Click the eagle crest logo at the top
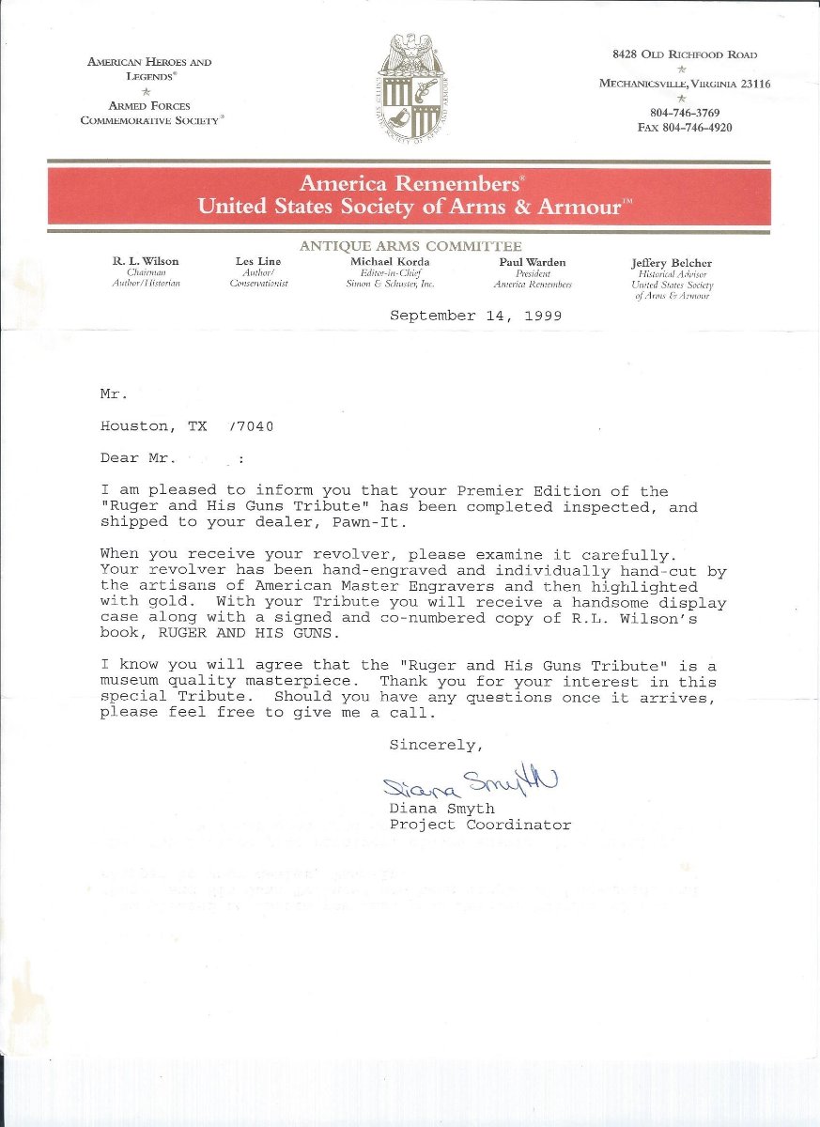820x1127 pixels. coord(410,87)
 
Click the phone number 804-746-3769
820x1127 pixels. coord(684,113)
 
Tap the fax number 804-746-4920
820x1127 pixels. coord(684,128)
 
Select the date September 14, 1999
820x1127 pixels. coord(475,316)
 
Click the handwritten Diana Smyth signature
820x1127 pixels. coord(470,782)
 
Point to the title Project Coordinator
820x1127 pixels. coord(480,825)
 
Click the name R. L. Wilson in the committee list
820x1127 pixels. coord(146,261)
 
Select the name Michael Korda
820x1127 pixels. coord(393,261)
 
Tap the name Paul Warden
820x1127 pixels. coord(533,262)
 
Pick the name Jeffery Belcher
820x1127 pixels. coord(672,264)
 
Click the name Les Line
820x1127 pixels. coord(258,261)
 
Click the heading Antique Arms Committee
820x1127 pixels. coord(410,246)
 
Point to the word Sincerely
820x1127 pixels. coord(436,745)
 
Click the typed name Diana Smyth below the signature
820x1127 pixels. coord(441,809)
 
